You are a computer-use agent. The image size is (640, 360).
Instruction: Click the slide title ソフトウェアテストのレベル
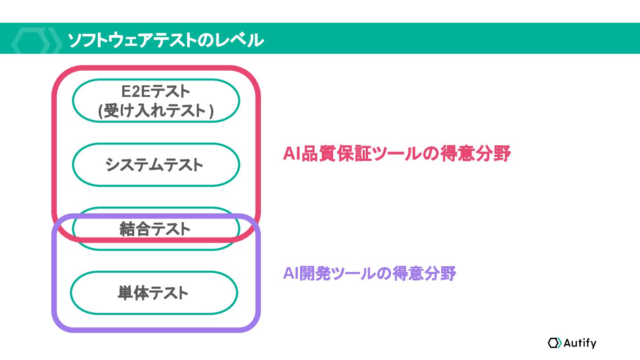click(x=165, y=40)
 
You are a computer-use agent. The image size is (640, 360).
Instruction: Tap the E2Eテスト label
click(x=156, y=92)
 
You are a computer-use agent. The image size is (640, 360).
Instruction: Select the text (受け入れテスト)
click(x=156, y=111)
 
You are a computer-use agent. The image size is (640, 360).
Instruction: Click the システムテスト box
click(x=156, y=165)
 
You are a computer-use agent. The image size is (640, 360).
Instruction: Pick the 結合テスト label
click(x=155, y=229)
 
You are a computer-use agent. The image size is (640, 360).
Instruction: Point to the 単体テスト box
click(x=153, y=293)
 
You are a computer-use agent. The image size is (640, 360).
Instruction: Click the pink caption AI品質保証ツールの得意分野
click(x=397, y=154)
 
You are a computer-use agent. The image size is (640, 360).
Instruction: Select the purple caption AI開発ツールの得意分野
click(x=369, y=274)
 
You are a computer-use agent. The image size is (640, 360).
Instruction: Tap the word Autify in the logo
click(x=580, y=343)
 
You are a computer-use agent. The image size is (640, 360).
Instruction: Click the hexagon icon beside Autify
click(x=555, y=343)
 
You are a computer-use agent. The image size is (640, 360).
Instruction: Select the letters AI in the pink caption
click(x=292, y=154)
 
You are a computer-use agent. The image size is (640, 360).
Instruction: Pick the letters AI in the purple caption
click(x=291, y=274)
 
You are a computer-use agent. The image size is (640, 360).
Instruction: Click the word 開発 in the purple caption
click(x=316, y=274)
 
